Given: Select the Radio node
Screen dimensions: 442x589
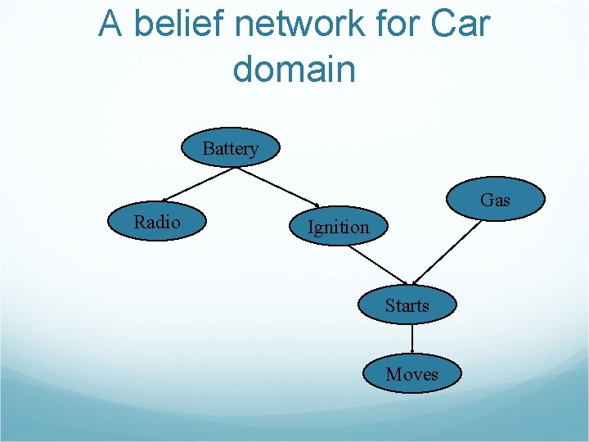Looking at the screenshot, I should pyautogui.click(x=158, y=221).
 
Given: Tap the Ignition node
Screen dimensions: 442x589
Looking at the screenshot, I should pyautogui.click(x=337, y=227).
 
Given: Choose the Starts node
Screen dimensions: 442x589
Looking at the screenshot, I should pyautogui.click(x=407, y=306).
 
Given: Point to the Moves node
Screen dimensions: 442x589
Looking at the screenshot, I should pyautogui.click(x=412, y=374).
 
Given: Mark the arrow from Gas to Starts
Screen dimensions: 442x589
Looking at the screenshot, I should pyautogui.click(x=445, y=250).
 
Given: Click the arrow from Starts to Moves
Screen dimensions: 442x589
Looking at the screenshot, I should pyautogui.click(x=411, y=338).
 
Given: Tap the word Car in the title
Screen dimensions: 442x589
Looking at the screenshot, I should pyautogui.click(x=462, y=25).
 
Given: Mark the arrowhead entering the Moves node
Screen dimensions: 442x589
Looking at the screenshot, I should pyautogui.click(x=411, y=351).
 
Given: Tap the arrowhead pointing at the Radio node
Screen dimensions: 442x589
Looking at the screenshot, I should pyautogui.click(x=164, y=199).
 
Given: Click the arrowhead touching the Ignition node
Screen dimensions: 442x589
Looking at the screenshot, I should pyautogui.click(x=317, y=205).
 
